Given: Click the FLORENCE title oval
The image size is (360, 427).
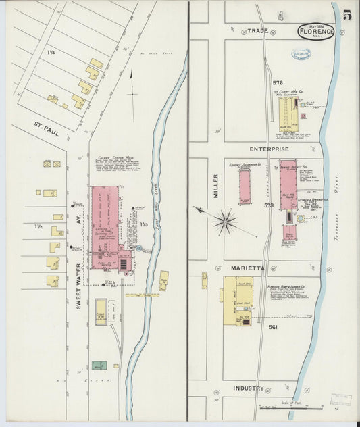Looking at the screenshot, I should (x=316, y=32).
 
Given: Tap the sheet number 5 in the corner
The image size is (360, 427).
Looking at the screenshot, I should (x=346, y=16).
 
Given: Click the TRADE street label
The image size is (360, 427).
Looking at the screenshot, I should (x=257, y=31).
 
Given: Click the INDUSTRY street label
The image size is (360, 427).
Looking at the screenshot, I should (x=249, y=388).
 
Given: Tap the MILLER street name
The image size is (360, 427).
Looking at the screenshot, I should (x=216, y=186).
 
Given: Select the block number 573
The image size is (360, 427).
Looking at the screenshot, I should (x=269, y=205).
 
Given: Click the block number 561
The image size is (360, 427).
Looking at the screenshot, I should (x=273, y=327).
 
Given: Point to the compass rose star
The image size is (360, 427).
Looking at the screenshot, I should (x=225, y=220).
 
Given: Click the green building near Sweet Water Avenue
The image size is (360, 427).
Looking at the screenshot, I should (x=99, y=365).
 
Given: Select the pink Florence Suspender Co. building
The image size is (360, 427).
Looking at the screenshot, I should (x=245, y=186).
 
